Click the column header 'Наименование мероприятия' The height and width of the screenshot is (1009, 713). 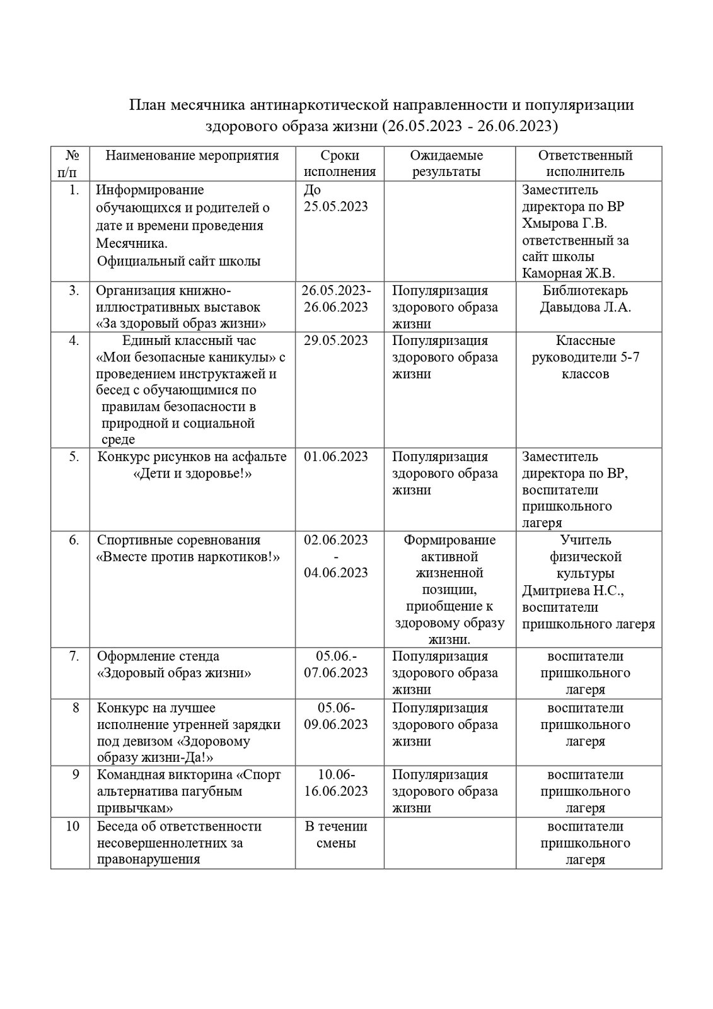click(x=192, y=156)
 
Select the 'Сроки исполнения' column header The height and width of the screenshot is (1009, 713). click(x=339, y=163)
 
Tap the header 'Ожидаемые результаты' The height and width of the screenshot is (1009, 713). click(x=446, y=163)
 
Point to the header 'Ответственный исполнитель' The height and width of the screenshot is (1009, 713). click(x=585, y=163)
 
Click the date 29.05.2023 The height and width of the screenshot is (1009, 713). click(x=335, y=341)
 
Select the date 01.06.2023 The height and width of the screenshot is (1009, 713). click(x=335, y=457)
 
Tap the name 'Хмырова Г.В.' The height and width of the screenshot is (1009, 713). click(x=564, y=223)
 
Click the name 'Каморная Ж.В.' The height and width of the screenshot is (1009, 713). click(x=569, y=273)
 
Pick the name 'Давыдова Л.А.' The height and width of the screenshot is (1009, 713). click(x=585, y=308)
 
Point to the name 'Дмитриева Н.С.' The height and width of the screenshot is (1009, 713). click(x=573, y=591)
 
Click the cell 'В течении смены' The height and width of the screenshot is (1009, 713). click(x=336, y=834)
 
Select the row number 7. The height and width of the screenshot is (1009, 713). click(x=74, y=656)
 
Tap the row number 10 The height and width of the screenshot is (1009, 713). click(x=72, y=826)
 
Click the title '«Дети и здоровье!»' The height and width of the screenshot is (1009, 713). click(x=193, y=474)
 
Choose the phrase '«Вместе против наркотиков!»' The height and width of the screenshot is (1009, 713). click(x=188, y=557)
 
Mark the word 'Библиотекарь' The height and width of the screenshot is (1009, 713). click(x=585, y=291)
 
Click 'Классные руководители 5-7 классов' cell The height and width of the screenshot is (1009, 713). click(x=585, y=357)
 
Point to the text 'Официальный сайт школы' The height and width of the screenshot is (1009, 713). click(x=179, y=261)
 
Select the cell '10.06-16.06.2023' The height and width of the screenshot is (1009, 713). click(x=336, y=783)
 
